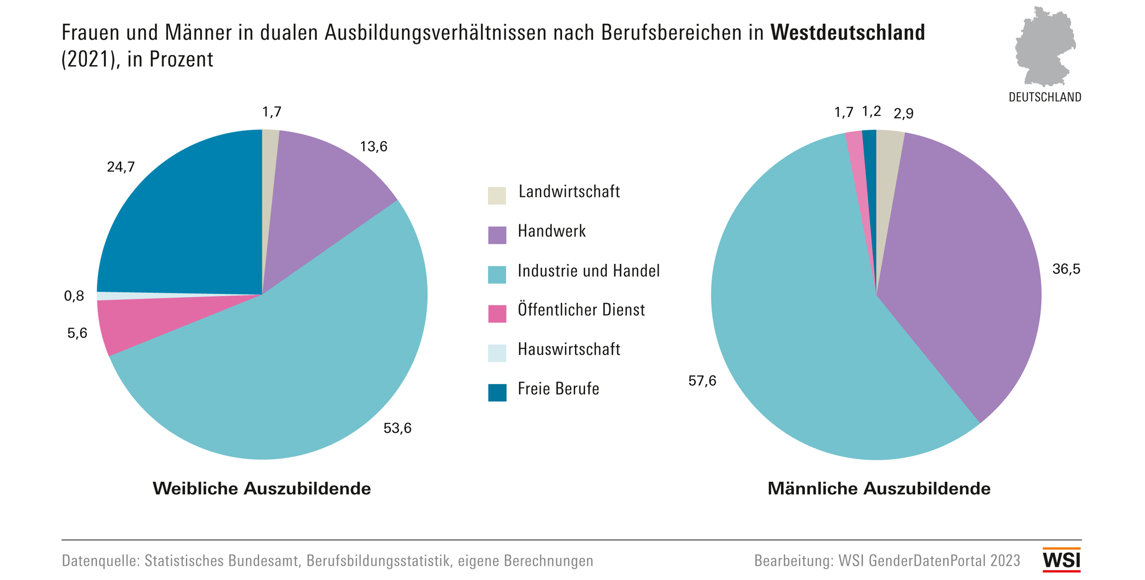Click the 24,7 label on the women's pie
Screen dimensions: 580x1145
coord(120,167)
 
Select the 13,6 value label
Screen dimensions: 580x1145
coord(373,147)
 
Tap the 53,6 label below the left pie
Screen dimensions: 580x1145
coord(398,428)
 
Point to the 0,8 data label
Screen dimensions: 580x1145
coord(74,296)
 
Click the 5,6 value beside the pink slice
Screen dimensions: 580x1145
coord(77,333)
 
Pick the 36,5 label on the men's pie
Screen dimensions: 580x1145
coord(1066,269)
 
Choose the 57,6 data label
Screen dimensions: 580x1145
coord(702,381)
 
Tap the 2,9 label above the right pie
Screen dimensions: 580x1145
coord(903,114)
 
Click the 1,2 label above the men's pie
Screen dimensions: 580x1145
coord(871,112)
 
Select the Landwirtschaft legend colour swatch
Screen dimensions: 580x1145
coord(497,195)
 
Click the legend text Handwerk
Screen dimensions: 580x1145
coord(551,231)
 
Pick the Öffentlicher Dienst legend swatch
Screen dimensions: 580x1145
coord(497,313)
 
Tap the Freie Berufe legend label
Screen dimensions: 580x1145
coord(558,389)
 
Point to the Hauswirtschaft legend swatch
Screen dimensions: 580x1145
coord(497,353)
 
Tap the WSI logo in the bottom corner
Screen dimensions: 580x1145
coord(1062,560)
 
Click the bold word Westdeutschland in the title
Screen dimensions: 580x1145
coord(847,33)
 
